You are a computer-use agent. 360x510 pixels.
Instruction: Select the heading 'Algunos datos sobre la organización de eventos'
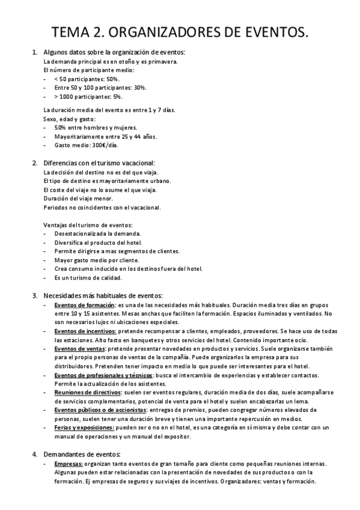click(114, 53)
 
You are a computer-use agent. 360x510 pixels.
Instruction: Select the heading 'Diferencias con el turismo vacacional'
click(99, 163)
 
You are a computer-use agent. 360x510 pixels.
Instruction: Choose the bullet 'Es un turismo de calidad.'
click(88, 278)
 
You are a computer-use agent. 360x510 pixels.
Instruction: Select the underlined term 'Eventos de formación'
click(80, 305)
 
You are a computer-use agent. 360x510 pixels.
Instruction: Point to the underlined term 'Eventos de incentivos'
click(85, 331)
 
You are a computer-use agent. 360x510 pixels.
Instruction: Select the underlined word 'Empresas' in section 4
click(68, 464)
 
